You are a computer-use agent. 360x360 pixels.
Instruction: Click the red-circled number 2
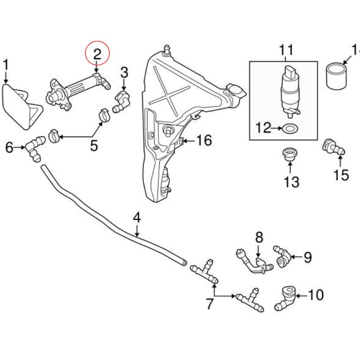tap(98, 54)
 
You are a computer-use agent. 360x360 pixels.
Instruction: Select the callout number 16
tap(203, 141)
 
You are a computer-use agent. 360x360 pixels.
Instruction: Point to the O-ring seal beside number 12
tap(289, 129)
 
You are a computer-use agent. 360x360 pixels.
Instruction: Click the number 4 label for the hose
tap(137, 218)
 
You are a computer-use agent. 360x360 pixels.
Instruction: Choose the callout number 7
tap(210, 304)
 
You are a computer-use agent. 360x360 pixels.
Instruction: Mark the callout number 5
tap(94, 145)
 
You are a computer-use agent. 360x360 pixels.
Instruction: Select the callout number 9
tap(307, 257)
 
